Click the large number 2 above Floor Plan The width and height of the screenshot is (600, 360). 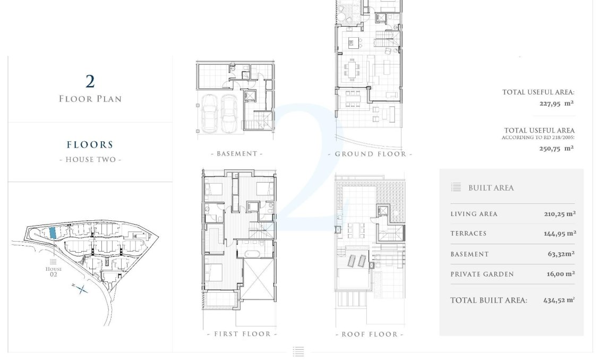tap(90, 81)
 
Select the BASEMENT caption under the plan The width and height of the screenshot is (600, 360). tap(237, 154)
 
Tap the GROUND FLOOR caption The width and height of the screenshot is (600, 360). tap(370, 154)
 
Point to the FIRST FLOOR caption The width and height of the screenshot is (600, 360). tap(242, 334)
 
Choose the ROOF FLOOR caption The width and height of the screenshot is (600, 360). tap(370, 334)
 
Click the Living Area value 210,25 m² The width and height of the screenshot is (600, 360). tap(560, 214)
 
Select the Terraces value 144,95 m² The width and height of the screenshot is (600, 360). tap(560, 234)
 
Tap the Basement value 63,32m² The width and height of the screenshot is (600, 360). tap(561, 254)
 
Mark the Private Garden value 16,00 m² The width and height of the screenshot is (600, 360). tap(560, 274)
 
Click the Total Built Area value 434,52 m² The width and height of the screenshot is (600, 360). tap(559, 300)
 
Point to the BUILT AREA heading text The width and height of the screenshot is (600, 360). tap(491, 188)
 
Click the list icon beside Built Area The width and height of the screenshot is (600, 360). tap(456, 187)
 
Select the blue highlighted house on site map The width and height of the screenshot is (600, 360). tap(52, 233)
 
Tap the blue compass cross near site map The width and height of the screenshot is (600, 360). tap(80, 289)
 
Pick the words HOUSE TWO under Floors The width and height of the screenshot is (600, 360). tap(90, 160)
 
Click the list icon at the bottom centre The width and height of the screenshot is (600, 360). tap(298, 351)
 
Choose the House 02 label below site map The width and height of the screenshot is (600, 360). tap(53, 271)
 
